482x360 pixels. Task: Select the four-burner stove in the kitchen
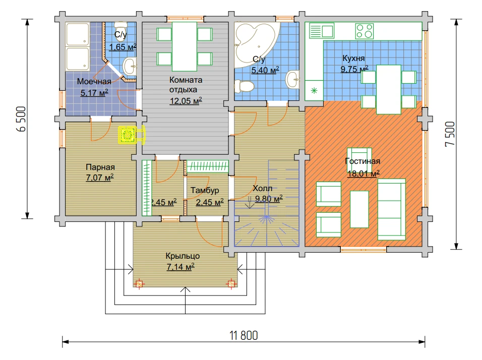[x=364, y=31]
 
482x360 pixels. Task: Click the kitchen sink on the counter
[x=322, y=31]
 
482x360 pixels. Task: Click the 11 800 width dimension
[x=244, y=335]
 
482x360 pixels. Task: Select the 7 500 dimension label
[x=449, y=134]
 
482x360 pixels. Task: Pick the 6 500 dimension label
[x=22, y=119]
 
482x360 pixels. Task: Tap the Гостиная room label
[x=363, y=161]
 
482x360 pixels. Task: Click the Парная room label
[x=100, y=167]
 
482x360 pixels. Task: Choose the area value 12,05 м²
[x=186, y=101]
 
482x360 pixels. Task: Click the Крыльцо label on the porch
[x=183, y=256]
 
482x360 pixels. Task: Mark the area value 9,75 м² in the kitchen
[x=354, y=69]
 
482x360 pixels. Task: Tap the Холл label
[x=263, y=188]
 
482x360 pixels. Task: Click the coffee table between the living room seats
[x=359, y=209]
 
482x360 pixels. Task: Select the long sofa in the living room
[x=392, y=209]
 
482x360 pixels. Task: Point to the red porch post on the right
[x=231, y=283]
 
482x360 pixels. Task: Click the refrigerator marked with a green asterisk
[x=314, y=90]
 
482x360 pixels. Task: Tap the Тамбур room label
[x=205, y=190]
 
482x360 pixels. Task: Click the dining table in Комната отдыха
[x=185, y=46]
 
